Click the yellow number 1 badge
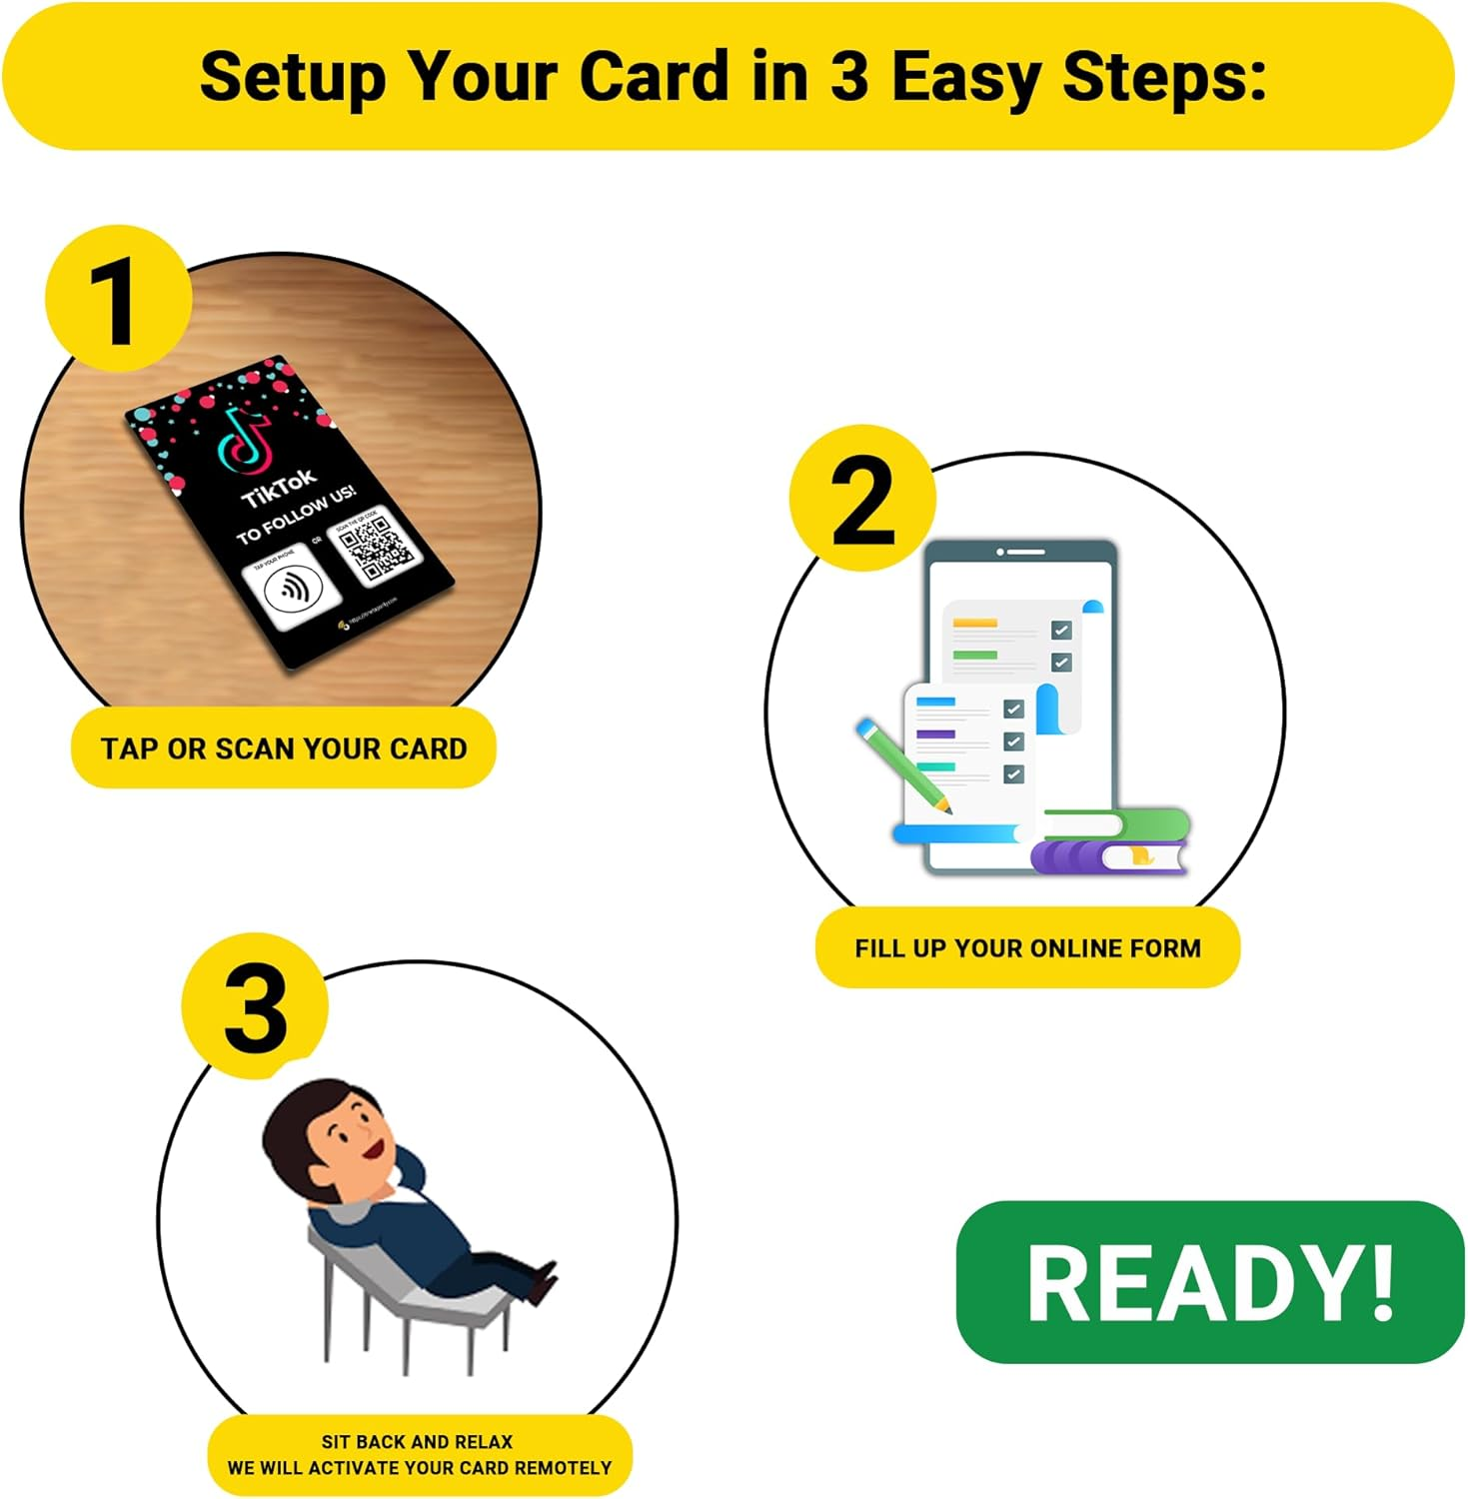pyautogui.click(x=118, y=300)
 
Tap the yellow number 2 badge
pyautogui.click(x=862, y=500)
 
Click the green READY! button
pyautogui.click(x=1210, y=1282)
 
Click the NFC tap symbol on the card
pyautogui.click(x=292, y=590)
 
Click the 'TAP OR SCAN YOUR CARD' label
pyautogui.click(x=284, y=749)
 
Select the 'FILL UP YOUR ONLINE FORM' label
pyautogui.click(x=1027, y=948)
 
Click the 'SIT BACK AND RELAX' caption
pyautogui.click(x=418, y=1442)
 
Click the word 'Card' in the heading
pyautogui.click(x=655, y=77)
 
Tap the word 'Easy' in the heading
pyautogui.click(x=964, y=77)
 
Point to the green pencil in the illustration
pyautogui.click(x=902, y=764)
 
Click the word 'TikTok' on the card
pyautogui.click(x=279, y=488)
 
